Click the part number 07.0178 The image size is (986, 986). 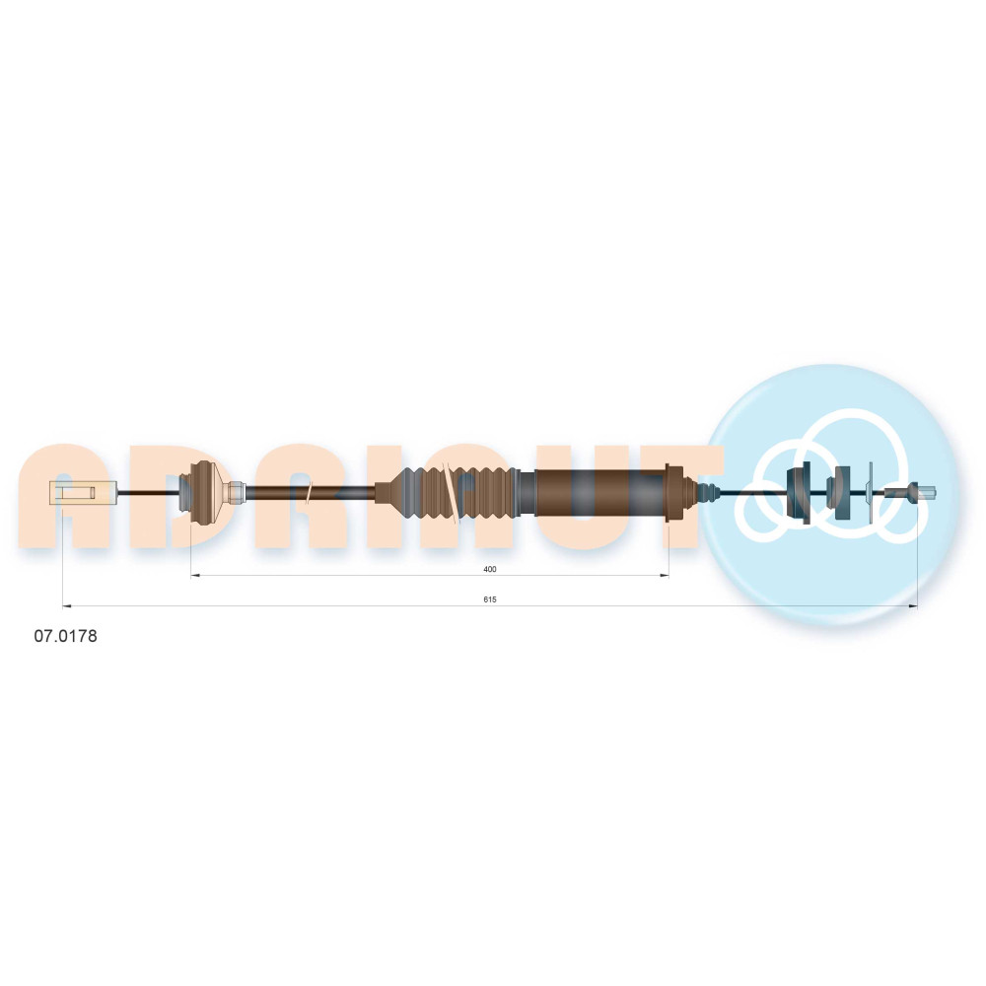tap(65, 636)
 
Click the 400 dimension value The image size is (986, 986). tap(490, 569)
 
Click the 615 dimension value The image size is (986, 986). tap(490, 599)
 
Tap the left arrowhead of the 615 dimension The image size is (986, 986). tap(67, 606)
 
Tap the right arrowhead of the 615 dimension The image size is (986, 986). tap(914, 606)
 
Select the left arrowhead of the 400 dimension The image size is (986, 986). tap(194, 576)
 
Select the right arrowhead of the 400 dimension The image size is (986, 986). tap(665, 576)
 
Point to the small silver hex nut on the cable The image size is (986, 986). tap(237, 492)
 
